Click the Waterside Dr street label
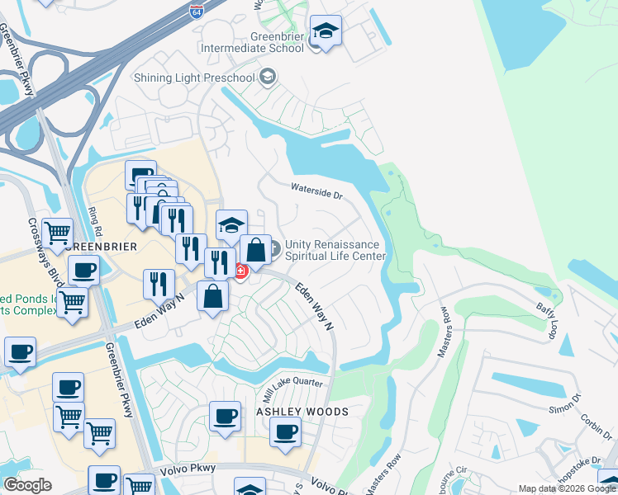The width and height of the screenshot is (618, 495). click(x=316, y=191)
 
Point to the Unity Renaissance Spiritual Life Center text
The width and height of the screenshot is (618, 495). click(x=335, y=250)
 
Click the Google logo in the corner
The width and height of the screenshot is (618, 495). click(x=27, y=485)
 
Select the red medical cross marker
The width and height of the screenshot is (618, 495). click(x=240, y=271)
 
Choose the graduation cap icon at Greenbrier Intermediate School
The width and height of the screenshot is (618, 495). click(x=326, y=31)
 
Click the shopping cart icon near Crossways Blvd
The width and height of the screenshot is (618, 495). click(x=57, y=233)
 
